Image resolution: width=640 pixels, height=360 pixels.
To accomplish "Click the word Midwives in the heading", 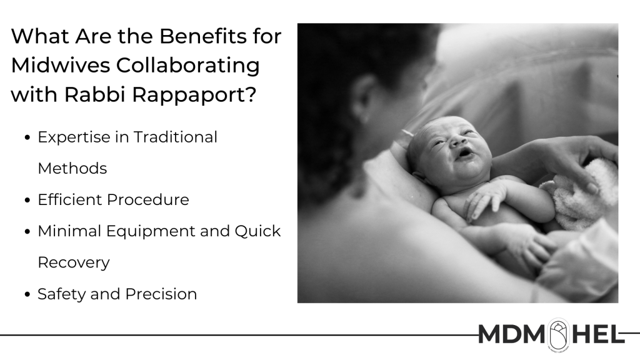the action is pyautogui.click(x=61, y=65).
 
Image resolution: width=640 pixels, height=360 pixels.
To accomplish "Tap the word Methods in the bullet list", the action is pyautogui.click(x=72, y=168).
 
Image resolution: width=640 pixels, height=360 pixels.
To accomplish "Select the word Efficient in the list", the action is pyautogui.click(x=69, y=199).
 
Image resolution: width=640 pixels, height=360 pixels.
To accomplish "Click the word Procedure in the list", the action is pyautogui.click(x=148, y=199).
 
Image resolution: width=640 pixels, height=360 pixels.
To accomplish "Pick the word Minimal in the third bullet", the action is pyautogui.click(x=69, y=231).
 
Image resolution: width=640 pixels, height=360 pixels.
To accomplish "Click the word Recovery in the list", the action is pyautogui.click(x=74, y=263).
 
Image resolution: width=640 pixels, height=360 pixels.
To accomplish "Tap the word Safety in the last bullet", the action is pyautogui.click(x=61, y=294).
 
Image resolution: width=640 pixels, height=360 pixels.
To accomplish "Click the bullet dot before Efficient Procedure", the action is pyautogui.click(x=27, y=201).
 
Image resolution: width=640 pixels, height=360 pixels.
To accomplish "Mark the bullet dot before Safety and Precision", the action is pyautogui.click(x=27, y=295).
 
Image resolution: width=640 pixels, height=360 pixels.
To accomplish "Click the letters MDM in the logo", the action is pyautogui.click(x=511, y=334).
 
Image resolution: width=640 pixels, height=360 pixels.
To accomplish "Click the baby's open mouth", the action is pyautogui.click(x=465, y=152).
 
